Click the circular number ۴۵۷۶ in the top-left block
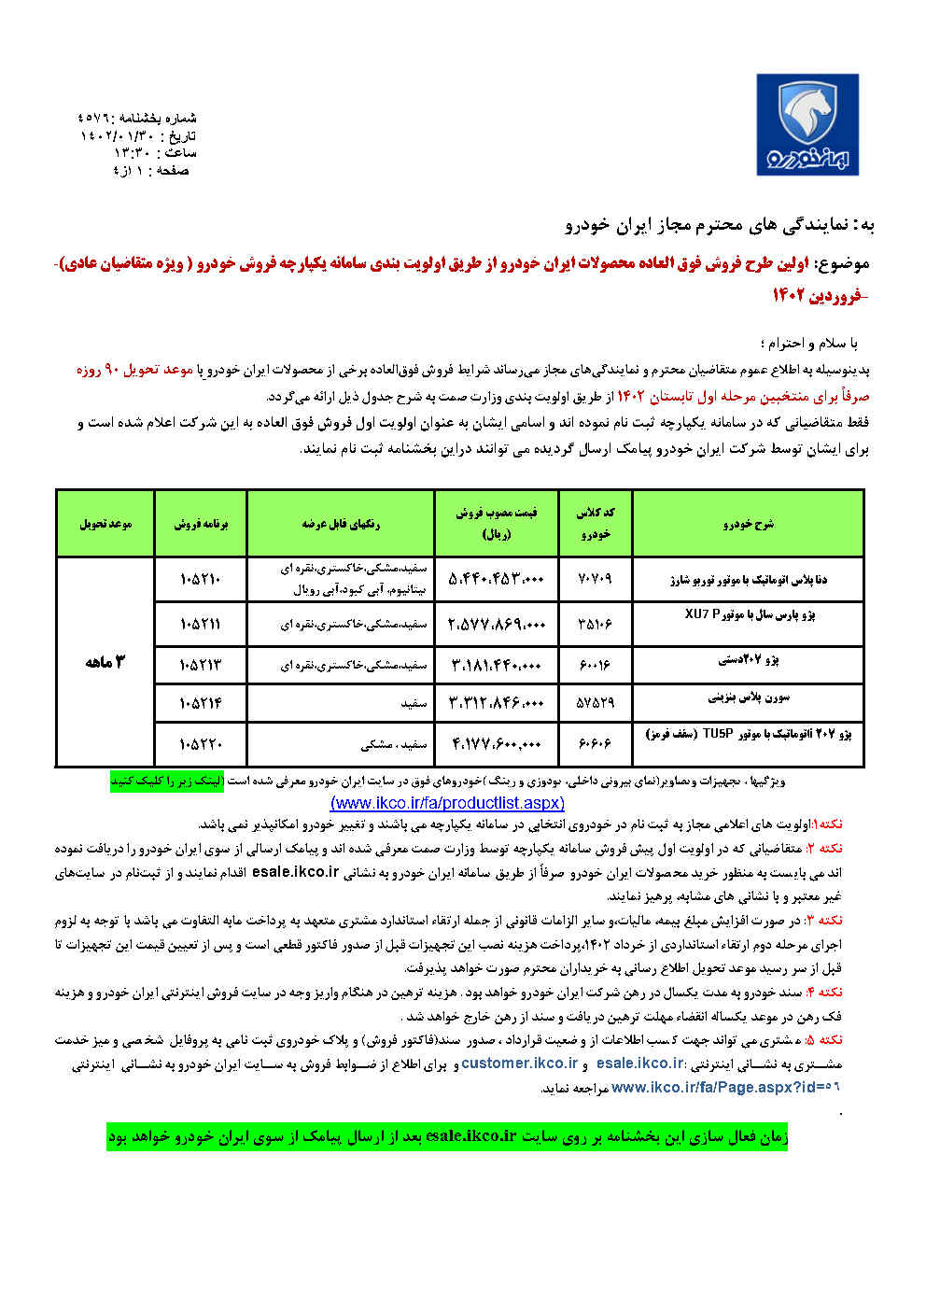[93, 119]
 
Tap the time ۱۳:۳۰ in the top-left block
[131, 153]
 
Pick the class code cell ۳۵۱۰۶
[595, 624]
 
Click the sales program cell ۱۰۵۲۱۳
[201, 665]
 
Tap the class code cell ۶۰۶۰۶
[595, 743]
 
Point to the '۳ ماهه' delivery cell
[105, 662]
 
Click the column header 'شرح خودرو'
[748, 524]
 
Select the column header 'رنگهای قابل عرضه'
[341, 524]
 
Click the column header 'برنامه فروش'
[201, 524]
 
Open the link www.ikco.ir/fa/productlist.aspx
[447, 803]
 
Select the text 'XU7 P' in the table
[703, 613]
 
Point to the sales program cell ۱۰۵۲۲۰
[201, 743]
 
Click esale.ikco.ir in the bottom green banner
[470, 1136]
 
